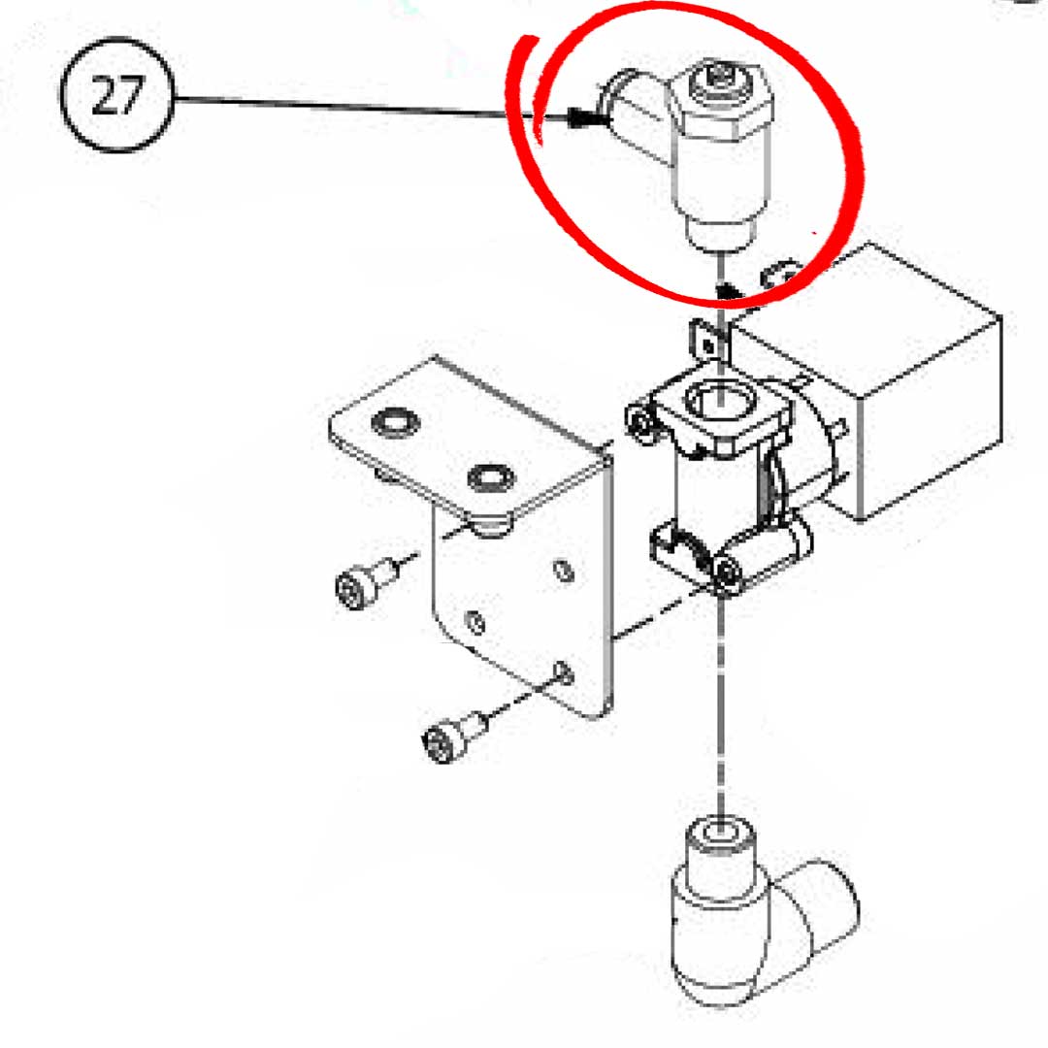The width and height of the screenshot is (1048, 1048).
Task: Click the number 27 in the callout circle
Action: coord(115,97)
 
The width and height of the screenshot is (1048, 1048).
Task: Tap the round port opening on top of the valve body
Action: coord(718,398)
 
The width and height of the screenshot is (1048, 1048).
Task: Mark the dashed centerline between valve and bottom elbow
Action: coord(720,699)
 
